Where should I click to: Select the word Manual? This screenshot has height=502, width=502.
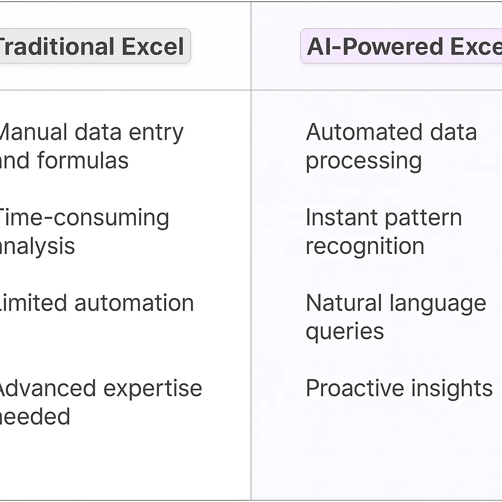click(x=33, y=132)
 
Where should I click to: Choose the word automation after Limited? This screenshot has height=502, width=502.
click(x=134, y=303)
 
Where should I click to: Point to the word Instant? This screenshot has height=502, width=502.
click(x=337, y=218)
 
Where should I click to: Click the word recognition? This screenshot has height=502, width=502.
click(x=365, y=247)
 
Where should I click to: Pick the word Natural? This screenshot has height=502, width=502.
click(x=344, y=303)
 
